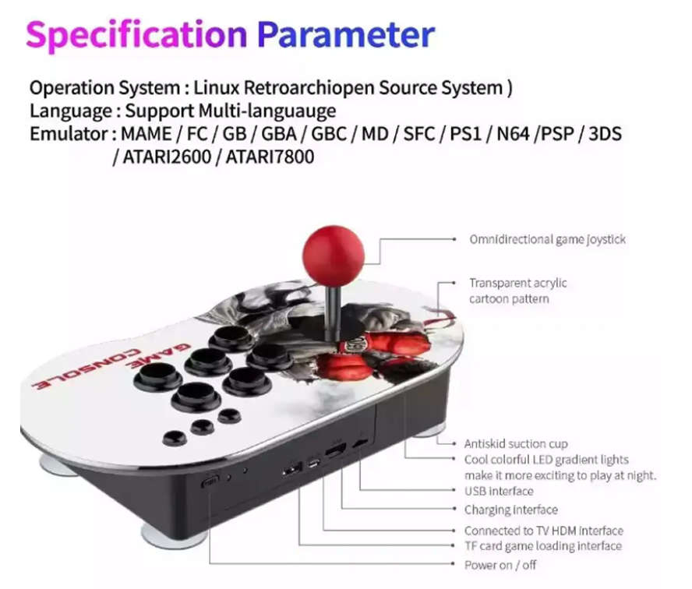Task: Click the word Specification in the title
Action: [x=136, y=34]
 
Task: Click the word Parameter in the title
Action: [x=345, y=34]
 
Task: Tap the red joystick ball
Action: [x=333, y=256]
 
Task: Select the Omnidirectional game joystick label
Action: [x=547, y=239]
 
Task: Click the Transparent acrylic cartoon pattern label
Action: [x=517, y=291]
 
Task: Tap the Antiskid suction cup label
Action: [x=516, y=444]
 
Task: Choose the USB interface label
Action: [x=499, y=491]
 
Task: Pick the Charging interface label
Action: [x=510, y=510]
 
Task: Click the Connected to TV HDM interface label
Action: [x=543, y=531]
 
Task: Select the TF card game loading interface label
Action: [x=542, y=546]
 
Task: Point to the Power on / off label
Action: [x=500, y=564]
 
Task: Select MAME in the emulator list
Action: [x=146, y=133]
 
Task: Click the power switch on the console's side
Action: [x=210, y=482]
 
